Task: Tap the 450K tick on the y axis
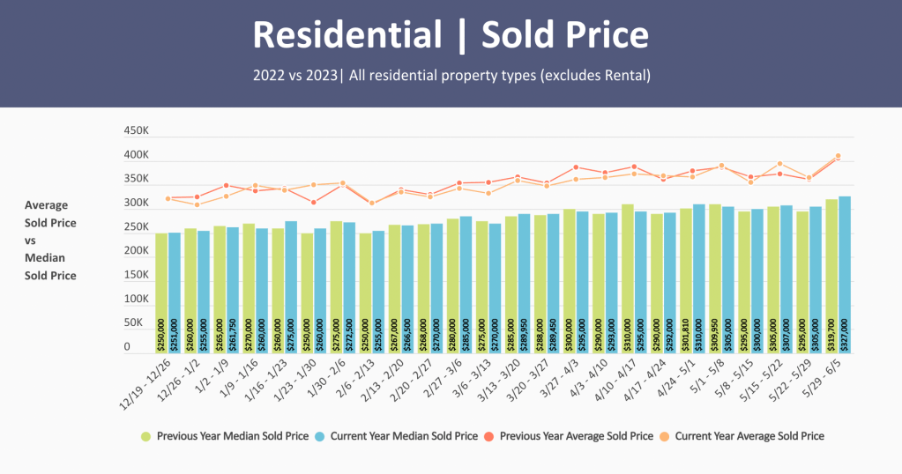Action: point(137,131)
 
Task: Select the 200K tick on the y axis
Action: point(137,251)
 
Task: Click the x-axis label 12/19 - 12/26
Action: point(141,381)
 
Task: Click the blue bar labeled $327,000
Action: point(845,273)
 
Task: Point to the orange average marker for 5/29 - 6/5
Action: point(839,156)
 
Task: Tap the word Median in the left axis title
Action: point(45,258)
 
